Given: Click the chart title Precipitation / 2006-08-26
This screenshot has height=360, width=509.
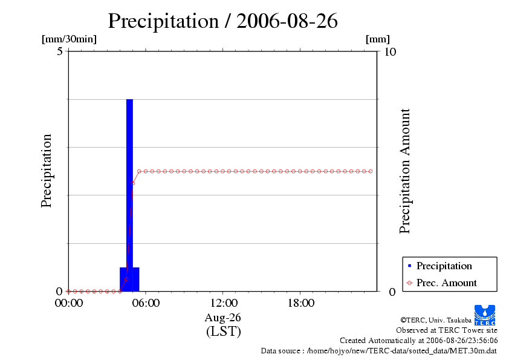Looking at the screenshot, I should (x=222, y=21).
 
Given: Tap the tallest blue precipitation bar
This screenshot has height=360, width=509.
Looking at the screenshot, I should (x=129, y=182).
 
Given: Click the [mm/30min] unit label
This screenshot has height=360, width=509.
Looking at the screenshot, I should (x=69, y=39).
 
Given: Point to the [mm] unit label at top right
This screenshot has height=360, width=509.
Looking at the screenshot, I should (x=378, y=39).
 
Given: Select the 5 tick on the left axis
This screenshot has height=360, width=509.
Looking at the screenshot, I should (x=60, y=51).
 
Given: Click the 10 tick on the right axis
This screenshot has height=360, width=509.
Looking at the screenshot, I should (x=390, y=51).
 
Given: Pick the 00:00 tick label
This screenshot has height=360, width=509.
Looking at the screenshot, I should (x=68, y=303).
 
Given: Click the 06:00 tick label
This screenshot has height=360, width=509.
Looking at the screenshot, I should (x=146, y=303).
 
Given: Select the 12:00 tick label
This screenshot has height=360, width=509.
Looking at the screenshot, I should (x=223, y=303).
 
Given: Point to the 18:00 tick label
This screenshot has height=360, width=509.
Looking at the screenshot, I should (x=300, y=303).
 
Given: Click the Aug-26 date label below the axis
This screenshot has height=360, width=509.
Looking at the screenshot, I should (x=223, y=317).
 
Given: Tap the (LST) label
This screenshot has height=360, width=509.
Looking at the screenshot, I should (x=223, y=331).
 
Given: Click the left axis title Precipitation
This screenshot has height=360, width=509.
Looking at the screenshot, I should (x=47, y=171).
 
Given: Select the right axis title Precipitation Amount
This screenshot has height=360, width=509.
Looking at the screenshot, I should (x=405, y=171).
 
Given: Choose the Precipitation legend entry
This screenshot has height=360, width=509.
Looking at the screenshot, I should (x=444, y=266).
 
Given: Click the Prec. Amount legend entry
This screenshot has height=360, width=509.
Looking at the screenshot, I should (x=446, y=283).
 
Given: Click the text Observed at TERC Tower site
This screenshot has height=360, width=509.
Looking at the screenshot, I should (x=447, y=330).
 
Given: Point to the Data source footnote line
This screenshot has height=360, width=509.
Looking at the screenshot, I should (x=379, y=350).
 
